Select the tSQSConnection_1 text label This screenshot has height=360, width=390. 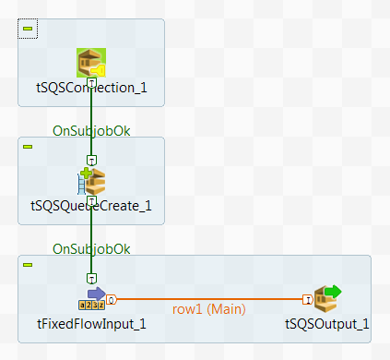tap(90, 89)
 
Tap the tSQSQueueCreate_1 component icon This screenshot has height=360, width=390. tap(91, 181)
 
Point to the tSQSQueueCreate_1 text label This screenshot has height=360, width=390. tap(90, 205)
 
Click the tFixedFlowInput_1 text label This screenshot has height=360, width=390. tap(90, 323)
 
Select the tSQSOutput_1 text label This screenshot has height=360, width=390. tap(327, 323)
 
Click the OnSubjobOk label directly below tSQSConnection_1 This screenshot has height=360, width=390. tap(91, 131)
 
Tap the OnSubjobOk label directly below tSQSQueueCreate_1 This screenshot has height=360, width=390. tap(91, 249)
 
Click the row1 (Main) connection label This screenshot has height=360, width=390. tap(207, 308)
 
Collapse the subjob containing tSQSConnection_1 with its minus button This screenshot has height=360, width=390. tap(28, 29)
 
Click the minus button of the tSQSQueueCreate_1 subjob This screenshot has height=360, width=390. tap(28, 147)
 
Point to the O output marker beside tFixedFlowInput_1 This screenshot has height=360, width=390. tap(111, 299)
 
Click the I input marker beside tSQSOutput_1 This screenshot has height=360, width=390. tap(306, 299)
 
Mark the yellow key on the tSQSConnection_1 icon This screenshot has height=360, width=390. tap(100, 67)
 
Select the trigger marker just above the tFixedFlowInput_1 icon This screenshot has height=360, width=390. tap(91, 278)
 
